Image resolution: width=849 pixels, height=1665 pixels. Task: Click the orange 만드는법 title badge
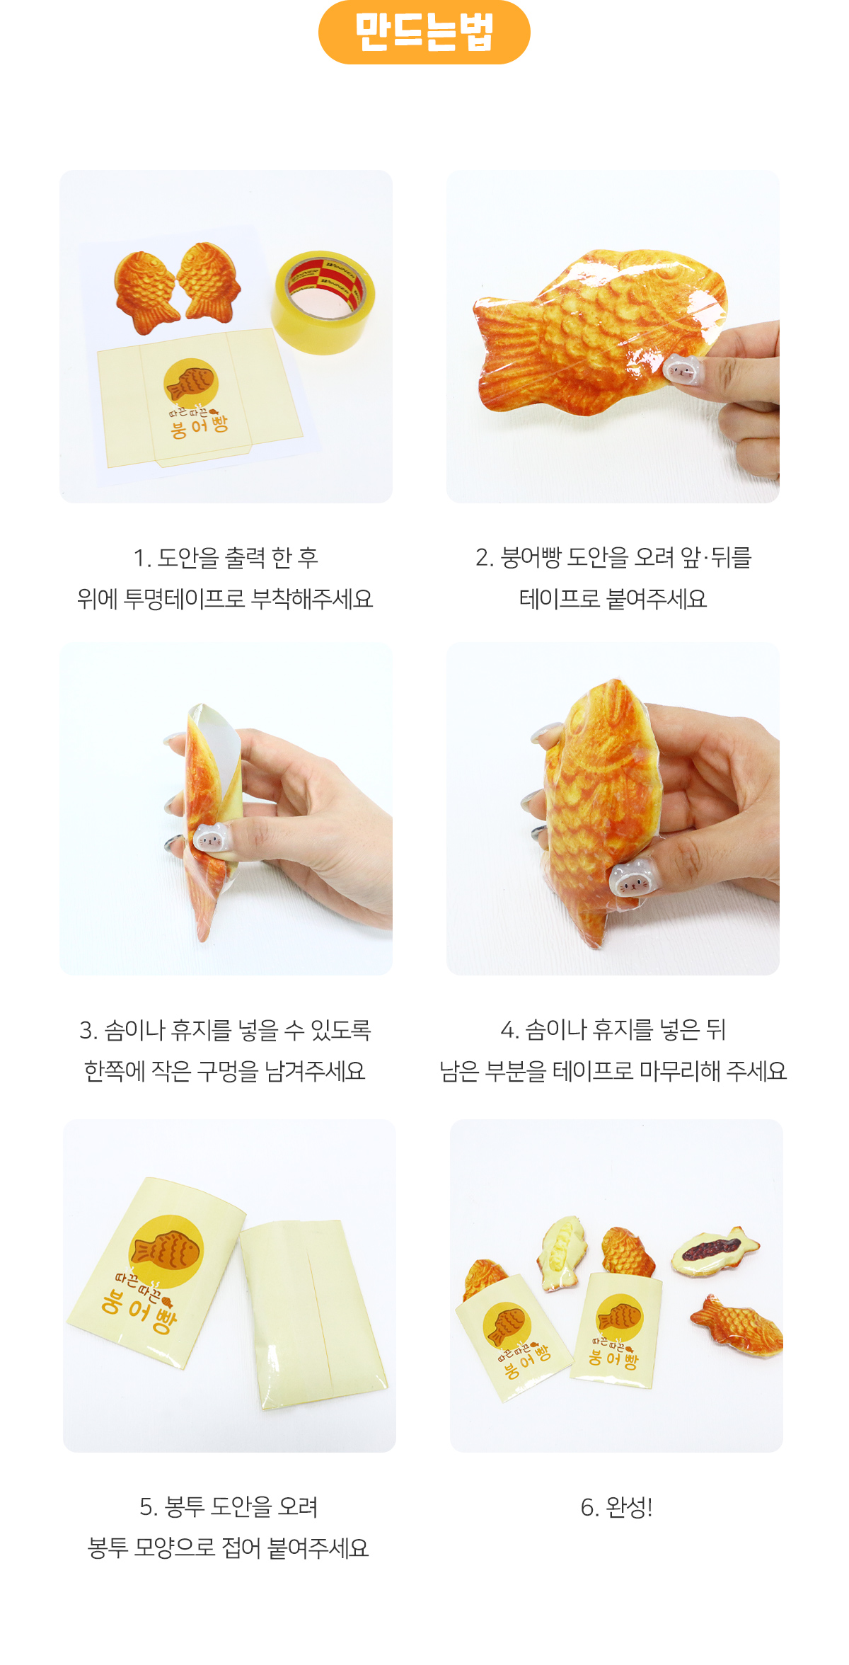point(424,33)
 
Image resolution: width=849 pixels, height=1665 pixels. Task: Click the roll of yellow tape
point(323,302)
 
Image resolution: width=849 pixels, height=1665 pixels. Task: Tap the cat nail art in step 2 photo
point(681,369)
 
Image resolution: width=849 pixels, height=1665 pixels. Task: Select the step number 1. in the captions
point(142,558)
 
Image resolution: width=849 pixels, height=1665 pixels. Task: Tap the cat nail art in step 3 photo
point(209,840)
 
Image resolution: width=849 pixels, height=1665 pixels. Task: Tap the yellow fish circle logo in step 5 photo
point(166,1251)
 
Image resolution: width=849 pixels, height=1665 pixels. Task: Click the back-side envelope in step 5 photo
point(312,1314)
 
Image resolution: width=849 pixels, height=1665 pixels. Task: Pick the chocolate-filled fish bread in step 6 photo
point(715,1251)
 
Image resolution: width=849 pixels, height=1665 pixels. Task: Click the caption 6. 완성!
point(616,1507)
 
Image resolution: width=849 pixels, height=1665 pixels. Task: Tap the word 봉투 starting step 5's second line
point(108,1548)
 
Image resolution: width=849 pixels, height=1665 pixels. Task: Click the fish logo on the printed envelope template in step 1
point(189,382)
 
